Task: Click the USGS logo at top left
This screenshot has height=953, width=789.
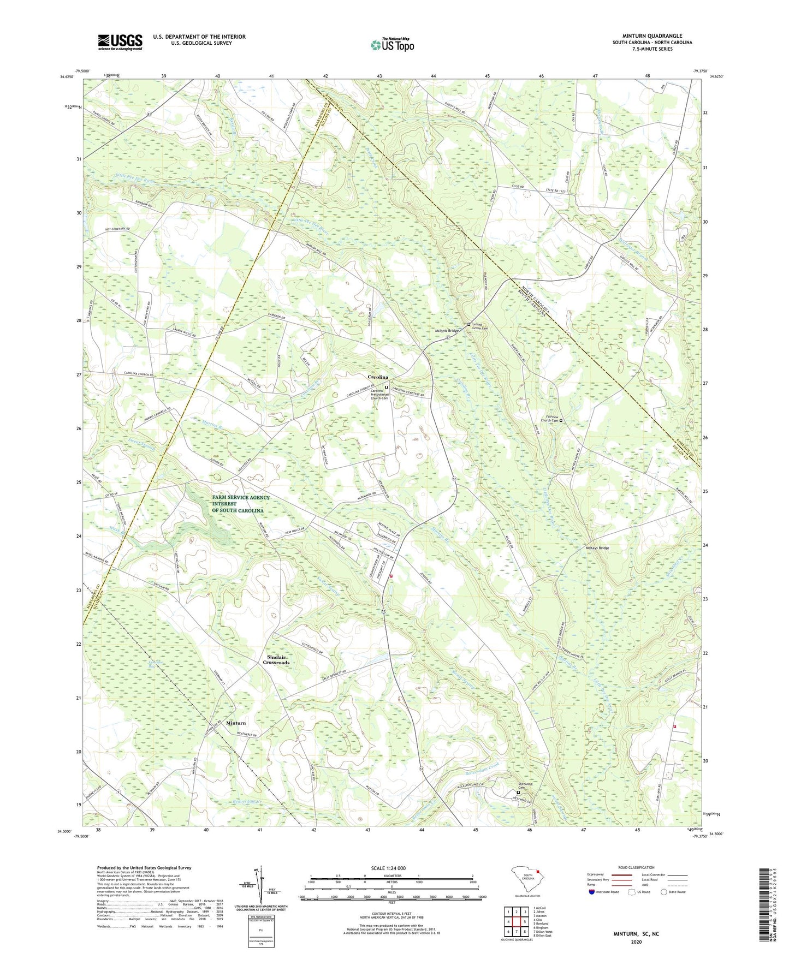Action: (x=120, y=42)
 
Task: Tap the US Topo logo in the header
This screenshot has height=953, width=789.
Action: (x=392, y=45)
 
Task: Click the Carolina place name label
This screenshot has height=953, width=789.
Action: (x=378, y=377)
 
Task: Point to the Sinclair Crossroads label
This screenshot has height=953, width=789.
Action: (x=276, y=659)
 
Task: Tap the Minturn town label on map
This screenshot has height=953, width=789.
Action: (x=236, y=723)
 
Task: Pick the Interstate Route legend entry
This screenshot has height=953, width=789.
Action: (x=606, y=892)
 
